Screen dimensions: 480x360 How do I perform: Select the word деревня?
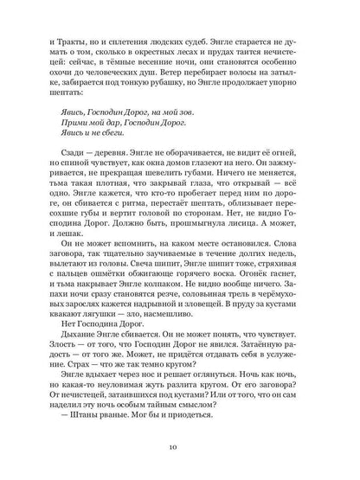point(109,162)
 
